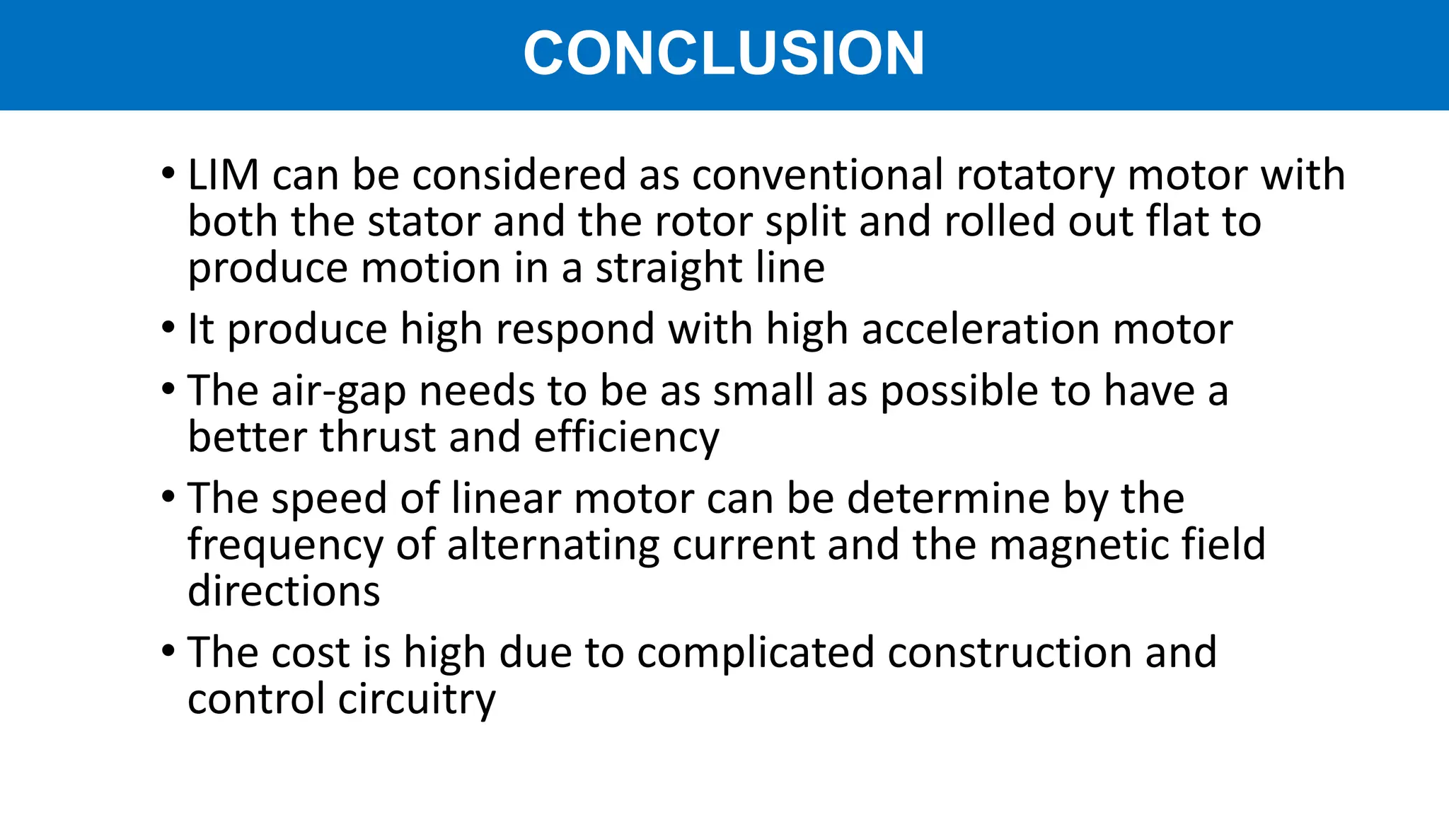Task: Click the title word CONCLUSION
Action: click(x=724, y=53)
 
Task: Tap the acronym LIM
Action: click(x=224, y=175)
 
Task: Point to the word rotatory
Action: click(x=1035, y=176)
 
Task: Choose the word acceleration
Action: click(x=981, y=330)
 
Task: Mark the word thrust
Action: click(x=378, y=437)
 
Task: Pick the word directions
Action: click(x=284, y=591)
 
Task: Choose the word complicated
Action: click(x=756, y=652)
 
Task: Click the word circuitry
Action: click(x=417, y=700)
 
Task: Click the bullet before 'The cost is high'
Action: click(x=168, y=651)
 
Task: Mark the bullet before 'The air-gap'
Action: click(x=168, y=390)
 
